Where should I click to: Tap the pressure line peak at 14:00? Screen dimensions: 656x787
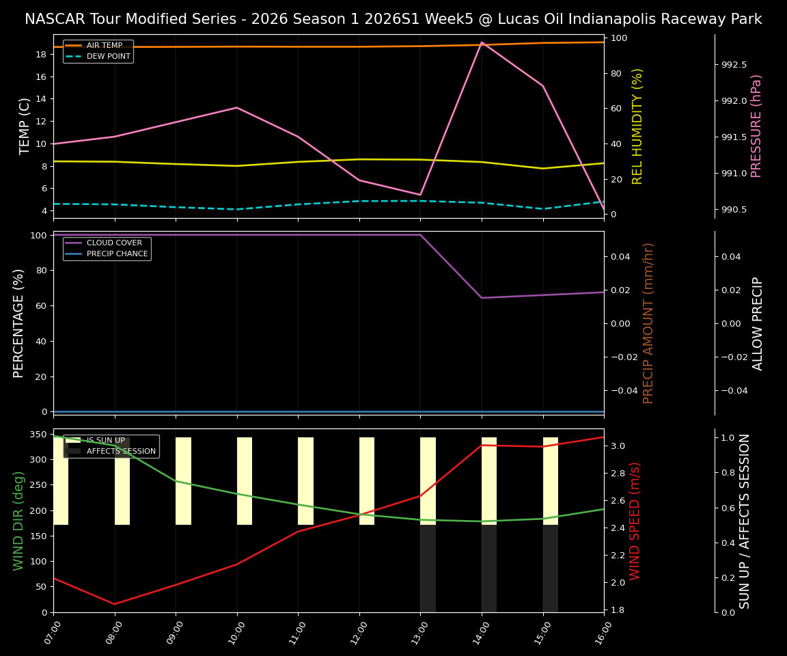[x=482, y=42]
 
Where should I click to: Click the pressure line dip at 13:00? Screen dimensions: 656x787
[x=420, y=195]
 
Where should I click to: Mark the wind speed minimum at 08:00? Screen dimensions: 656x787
[x=115, y=604]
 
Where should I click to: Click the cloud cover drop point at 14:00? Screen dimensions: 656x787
[x=482, y=298]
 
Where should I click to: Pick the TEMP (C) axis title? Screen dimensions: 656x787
[x=25, y=126]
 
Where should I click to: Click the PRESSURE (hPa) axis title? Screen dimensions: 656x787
[x=756, y=126]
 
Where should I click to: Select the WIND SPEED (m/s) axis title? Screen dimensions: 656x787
[x=635, y=521]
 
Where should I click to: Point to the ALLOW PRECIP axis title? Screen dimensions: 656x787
[x=758, y=323]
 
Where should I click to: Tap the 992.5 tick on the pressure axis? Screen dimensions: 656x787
[x=734, y=65]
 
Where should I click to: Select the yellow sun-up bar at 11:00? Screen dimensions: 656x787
[x=305, y=481]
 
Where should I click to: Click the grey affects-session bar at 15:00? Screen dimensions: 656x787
[x=551, y=569]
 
